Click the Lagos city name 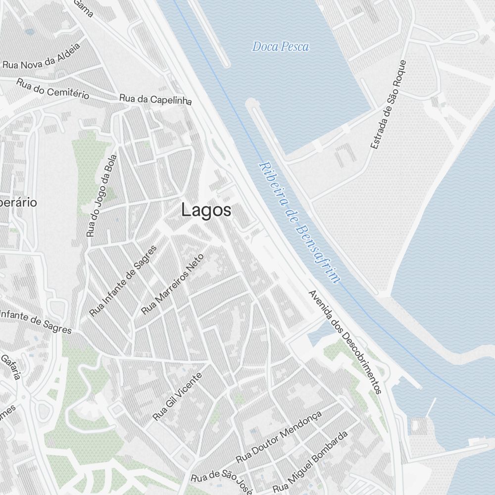click(x=206, y=210)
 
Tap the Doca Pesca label click(x=280, y=47)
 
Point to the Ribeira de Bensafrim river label click(x=299, y=222)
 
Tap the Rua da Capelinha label click(x=155, y=99)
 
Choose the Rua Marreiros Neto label click(x=172, y=284)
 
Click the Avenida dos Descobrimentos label click(x=345, y=342)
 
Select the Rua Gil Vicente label click(x=177, y=396)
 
